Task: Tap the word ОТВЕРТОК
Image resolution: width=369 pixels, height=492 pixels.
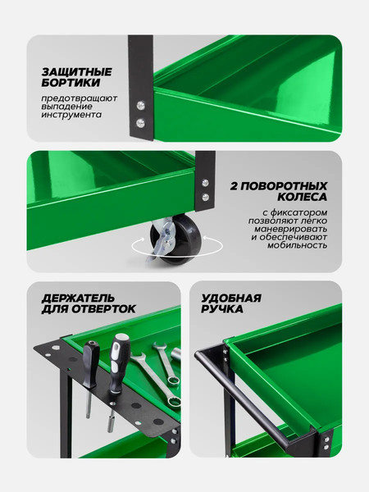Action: pos(102,310)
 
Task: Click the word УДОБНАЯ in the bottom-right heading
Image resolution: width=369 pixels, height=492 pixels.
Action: pos(231,298)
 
